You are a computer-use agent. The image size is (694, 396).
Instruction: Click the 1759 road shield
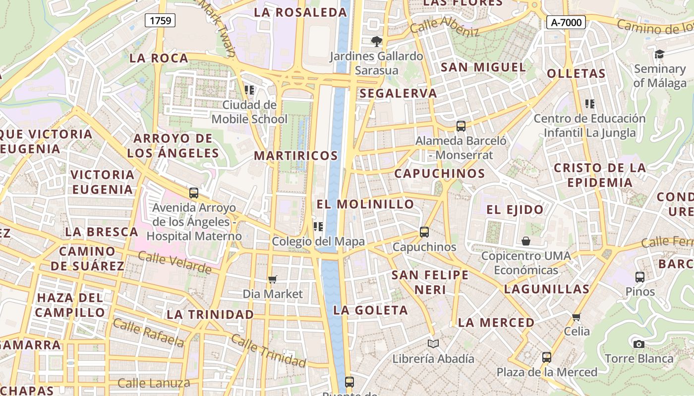click(160, 20)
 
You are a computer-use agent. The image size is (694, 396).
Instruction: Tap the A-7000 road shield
click(566, 22)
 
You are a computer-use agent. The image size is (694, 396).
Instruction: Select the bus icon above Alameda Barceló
click(461, 126)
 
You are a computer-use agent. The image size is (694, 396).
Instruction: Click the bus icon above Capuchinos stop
click(424, 232)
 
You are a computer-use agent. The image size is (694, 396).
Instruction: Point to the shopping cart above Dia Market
click(272, 280)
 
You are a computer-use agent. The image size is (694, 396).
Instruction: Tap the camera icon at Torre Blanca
click(639, 344)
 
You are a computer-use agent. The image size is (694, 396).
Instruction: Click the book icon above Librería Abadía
click(433, 344)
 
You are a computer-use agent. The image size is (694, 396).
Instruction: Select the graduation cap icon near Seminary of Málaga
click(659, 54)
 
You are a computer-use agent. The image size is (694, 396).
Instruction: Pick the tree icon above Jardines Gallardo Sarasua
click(377, 41)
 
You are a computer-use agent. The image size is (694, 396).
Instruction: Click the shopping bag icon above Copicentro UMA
click(525, 241)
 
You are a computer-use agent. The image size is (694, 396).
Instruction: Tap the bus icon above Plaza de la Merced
click(547, 357)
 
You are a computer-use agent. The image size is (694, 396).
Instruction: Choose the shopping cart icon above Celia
click(576, 317)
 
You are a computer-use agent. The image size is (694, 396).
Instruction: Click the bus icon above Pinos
click(640, 277)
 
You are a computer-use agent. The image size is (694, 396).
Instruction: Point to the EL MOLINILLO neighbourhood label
click(365, 204)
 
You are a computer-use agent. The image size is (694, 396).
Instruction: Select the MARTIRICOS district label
click(296, 155)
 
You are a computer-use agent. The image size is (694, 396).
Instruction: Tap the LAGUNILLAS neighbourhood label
click(546, 289)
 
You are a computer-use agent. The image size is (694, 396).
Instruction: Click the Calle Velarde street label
click(174, 262)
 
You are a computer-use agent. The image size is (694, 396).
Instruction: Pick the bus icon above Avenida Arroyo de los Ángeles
click(194, 193)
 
